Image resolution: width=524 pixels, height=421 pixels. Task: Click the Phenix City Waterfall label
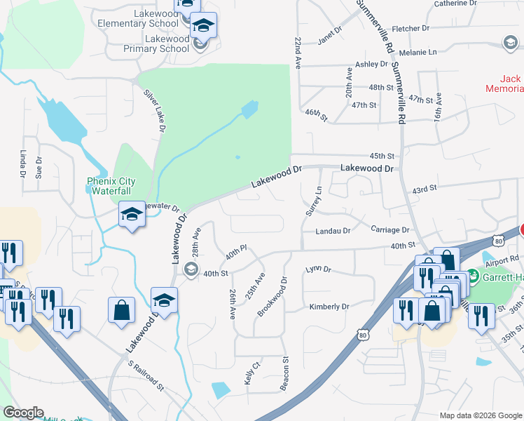(x=111, y=186)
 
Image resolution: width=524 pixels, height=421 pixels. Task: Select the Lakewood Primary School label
(x=156, y=44)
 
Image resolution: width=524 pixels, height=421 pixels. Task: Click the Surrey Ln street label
(x=312, y=201)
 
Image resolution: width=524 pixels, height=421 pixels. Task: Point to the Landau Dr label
(x=332, y=231)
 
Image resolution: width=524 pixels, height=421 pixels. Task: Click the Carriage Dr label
(x=389, y=230)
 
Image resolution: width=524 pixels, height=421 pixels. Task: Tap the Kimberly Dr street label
(x=329, y=307)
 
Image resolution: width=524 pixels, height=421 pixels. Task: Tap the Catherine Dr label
(x=455, y=4)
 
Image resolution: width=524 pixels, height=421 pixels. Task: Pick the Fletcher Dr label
(x=411, y=29)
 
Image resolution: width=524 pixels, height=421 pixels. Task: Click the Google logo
(x=23, y=413)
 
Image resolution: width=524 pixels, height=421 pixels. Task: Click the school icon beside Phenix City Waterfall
(x=132, y=215)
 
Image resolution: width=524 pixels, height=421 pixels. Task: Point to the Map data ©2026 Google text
(x=480, y=415)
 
